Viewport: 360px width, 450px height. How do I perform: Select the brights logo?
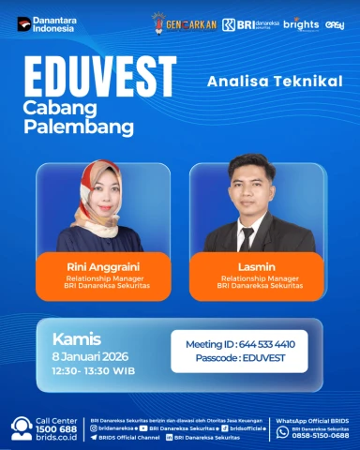point(300,22)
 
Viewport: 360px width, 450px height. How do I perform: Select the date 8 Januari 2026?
point(90,356)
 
